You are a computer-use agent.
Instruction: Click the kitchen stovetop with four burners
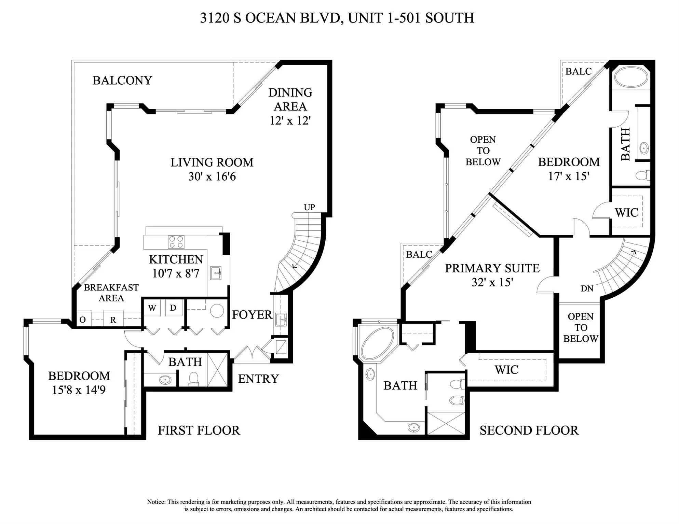pos(176,242)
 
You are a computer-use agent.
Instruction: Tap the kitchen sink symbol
pos(216,273)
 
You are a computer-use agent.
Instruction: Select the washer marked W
pos(152,308)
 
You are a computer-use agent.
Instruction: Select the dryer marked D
pos(173,308)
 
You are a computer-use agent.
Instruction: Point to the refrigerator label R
pos(113,320)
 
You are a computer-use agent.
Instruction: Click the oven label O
pos(82,320)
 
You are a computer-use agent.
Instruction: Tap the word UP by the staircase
pos(309,207)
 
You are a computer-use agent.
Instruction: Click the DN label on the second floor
pos(587,288)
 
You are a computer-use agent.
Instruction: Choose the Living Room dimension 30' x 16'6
pos(212,176)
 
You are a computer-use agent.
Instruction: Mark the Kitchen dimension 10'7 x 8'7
pos(176,273)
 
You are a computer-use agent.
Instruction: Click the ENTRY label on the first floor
pos(258,379)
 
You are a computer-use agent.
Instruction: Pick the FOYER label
pos(252,314)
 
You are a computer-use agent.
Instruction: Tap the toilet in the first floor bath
pos(194,378)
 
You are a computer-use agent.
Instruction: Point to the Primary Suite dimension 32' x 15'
pos(492,282)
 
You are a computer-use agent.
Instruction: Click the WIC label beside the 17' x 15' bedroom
pos(626,212)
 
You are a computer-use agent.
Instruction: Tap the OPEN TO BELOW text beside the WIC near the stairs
pos(581,327)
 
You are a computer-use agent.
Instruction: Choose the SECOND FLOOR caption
pos(529,430)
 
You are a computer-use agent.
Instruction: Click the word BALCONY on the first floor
pos(122,80)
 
